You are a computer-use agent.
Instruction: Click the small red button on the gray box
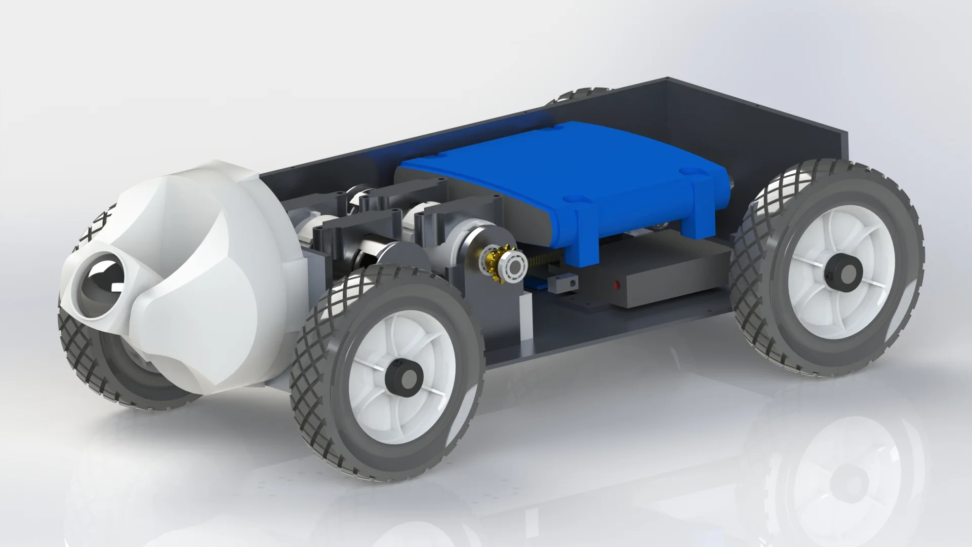click(x=617, y=284)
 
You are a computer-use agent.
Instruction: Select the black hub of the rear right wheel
click(x=841, y=269)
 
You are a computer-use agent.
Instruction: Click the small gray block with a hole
click(x=565, y=285)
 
